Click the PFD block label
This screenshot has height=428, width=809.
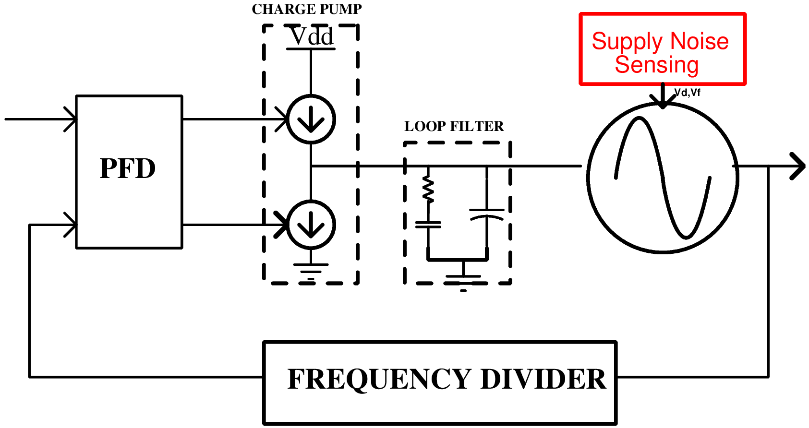128,169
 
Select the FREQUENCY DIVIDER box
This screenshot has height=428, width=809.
440,382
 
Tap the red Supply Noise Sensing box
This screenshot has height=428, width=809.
663,49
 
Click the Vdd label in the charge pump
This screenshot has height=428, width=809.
312,37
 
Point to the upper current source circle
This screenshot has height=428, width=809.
311,119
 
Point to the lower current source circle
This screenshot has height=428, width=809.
311,225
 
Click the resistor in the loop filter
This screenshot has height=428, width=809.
428,189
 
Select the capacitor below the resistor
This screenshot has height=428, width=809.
428,224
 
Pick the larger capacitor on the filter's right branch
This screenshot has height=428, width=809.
486,214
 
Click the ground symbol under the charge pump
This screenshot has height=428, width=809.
311,271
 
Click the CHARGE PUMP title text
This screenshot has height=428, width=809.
306,9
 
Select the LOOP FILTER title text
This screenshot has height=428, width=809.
454,126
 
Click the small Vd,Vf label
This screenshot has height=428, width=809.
688,93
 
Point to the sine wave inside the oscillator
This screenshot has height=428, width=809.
663,178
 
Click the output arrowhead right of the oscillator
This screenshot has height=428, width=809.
798,166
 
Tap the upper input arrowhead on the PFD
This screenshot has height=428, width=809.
71,119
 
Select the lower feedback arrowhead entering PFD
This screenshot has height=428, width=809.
71,225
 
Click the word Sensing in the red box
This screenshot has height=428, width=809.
656,65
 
